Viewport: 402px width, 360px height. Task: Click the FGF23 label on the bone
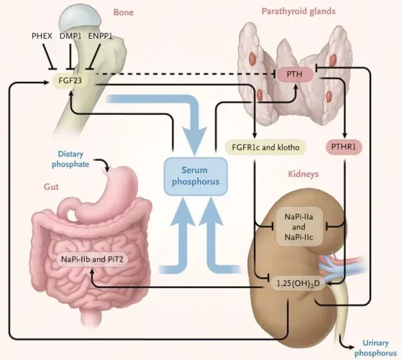coord(70,80)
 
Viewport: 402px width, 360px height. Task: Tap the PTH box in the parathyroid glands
coord(294,74)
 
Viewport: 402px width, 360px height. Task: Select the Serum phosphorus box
coord(196,176)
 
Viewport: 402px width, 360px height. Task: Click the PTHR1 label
coord(344,147)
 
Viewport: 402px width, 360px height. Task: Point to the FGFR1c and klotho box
coord(265,147)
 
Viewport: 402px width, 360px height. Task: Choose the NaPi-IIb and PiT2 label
coord(92,259)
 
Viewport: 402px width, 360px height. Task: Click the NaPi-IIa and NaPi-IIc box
coord(299,227)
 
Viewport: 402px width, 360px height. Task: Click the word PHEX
coord(42,36)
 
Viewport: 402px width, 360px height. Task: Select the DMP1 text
coord(70,36)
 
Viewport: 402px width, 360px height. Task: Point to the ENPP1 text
coord(100,36)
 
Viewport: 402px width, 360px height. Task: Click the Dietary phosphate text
coord(70,159)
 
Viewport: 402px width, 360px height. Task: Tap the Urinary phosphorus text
coord(375,348)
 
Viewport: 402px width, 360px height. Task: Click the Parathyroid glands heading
coord(298,11)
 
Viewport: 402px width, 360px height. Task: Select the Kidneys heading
coord(303,174)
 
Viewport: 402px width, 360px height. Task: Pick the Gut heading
coord(51,187)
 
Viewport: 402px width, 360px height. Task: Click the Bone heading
coord(123,12)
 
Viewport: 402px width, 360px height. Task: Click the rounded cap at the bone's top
coord(79,18)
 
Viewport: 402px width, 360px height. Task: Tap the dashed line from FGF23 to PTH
coord(186,74)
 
